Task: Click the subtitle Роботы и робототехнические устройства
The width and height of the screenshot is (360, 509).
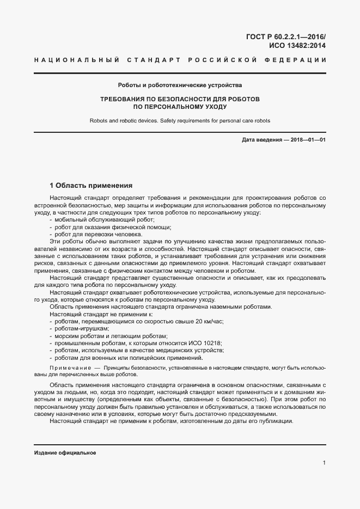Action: point(180,85)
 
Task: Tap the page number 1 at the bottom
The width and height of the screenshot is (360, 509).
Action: point(324,463)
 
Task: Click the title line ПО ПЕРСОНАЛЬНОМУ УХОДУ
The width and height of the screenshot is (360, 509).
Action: point(179,107)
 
